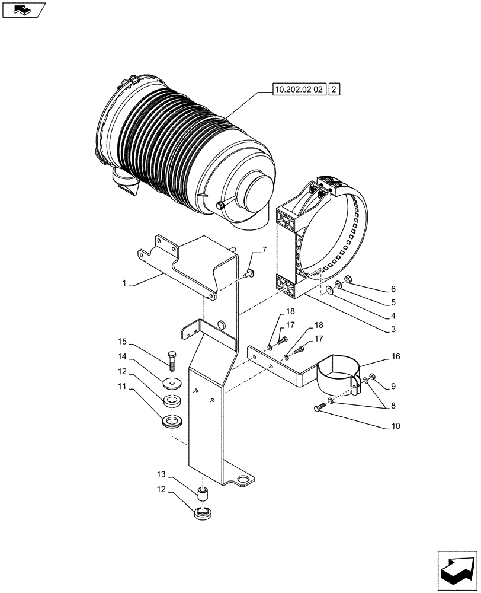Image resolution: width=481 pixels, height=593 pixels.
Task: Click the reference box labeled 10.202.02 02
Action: point(299,90)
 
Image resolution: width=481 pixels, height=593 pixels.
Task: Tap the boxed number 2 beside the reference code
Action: point(335,90)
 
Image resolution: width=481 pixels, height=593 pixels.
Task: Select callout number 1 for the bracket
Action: point(124,284)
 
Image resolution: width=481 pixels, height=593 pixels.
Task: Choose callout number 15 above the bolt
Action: point(122,342)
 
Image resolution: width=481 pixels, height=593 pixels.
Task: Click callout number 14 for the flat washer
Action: point(122,356)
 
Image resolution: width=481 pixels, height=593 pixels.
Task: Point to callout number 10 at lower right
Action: point(395,426)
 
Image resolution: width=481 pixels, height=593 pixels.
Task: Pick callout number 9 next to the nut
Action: point(392,385)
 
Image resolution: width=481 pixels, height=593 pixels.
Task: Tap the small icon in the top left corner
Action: point(22,9)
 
